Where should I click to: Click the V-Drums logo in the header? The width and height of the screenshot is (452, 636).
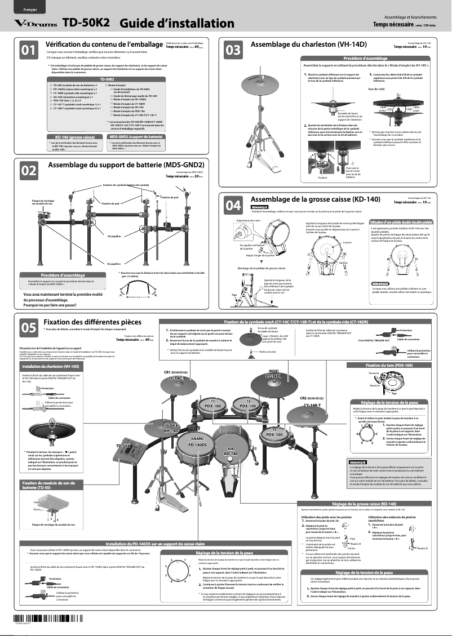point(35,24)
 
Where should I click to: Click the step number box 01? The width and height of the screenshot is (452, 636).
point(29,51)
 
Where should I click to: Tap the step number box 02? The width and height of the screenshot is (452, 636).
point(29,170)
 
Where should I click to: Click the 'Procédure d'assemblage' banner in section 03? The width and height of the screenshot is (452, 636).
point(365,58)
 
